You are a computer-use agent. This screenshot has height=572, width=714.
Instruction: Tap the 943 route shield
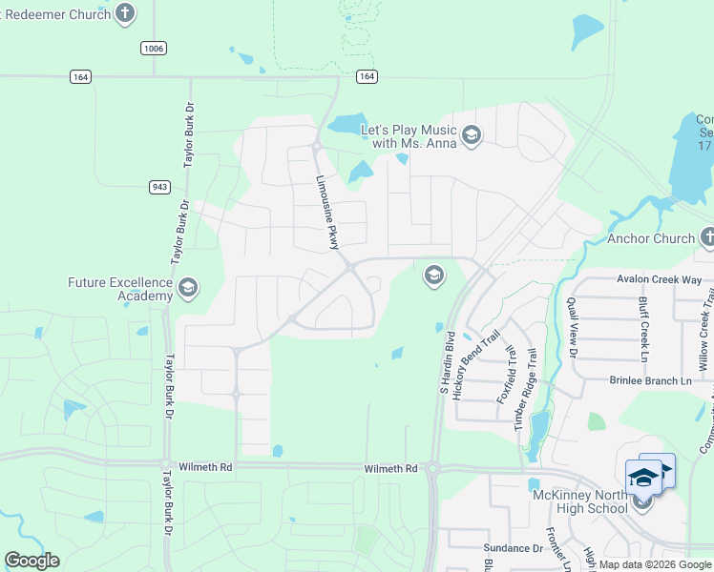click(160, 187)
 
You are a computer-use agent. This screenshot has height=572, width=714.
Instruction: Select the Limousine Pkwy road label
click(327, 213)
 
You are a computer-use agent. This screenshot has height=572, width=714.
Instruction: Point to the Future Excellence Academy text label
click(120, 289)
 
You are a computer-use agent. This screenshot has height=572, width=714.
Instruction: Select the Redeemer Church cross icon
click(125, 12)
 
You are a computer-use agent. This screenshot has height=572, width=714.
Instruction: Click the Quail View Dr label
click(573, 324)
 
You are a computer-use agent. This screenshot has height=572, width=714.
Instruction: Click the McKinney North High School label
click(580, 501)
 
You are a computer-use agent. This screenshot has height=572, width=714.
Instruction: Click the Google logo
click(31, 561)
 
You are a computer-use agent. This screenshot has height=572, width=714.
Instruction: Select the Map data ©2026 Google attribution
click(654, 564)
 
